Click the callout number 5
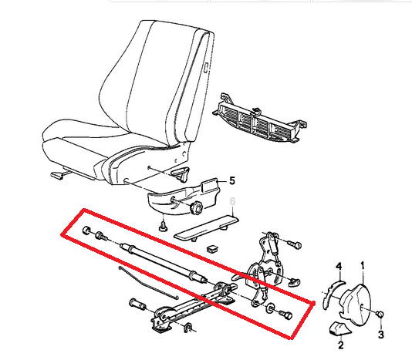point(232,180)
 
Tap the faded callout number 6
point(232,201)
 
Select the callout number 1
point(363,266)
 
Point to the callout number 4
point(339,267)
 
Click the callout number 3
point(381,335)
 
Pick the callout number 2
point(340,345)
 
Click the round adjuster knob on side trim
point(196,208)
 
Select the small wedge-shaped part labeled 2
point(339,328)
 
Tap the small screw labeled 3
point(380,314)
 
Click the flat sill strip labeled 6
point(206,228)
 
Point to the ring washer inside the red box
point(270,308)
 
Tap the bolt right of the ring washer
point(285,315)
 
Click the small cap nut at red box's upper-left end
point(86,230)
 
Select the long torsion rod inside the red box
point(163,263)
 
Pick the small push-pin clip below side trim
point(164,226)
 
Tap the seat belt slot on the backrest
point(206,68)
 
